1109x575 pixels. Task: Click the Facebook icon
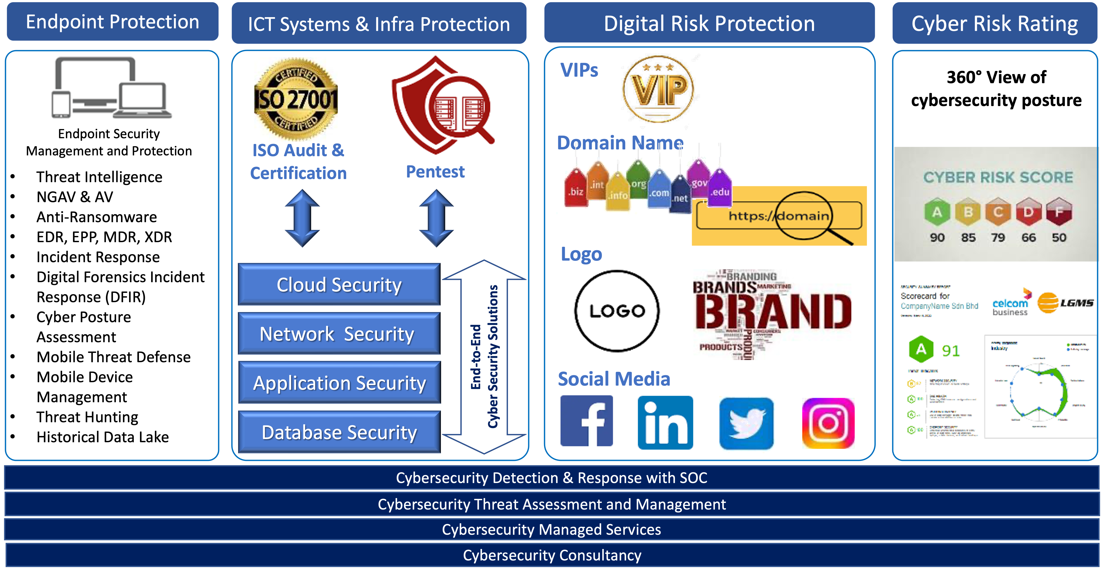coord(586,421)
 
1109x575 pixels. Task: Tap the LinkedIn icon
coord(665,422)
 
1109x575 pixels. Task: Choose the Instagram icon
coord(828,423)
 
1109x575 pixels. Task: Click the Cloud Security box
coord(339,285)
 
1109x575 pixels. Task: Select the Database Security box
coord(339,432)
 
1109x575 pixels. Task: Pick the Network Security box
coord(339,334)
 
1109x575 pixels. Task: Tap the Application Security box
coord(339,383)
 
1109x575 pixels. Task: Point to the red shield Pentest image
coord(442,106)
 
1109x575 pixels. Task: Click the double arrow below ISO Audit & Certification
coord(302,218)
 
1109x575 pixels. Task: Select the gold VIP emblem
coord(659,88)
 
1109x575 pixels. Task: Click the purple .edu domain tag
coord(720,189)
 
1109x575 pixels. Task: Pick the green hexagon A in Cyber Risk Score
coord(937,212)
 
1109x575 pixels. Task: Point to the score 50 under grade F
coord(1059,237)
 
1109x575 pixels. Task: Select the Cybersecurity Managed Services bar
coord(552,529)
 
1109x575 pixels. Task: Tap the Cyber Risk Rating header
coord(994,23)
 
